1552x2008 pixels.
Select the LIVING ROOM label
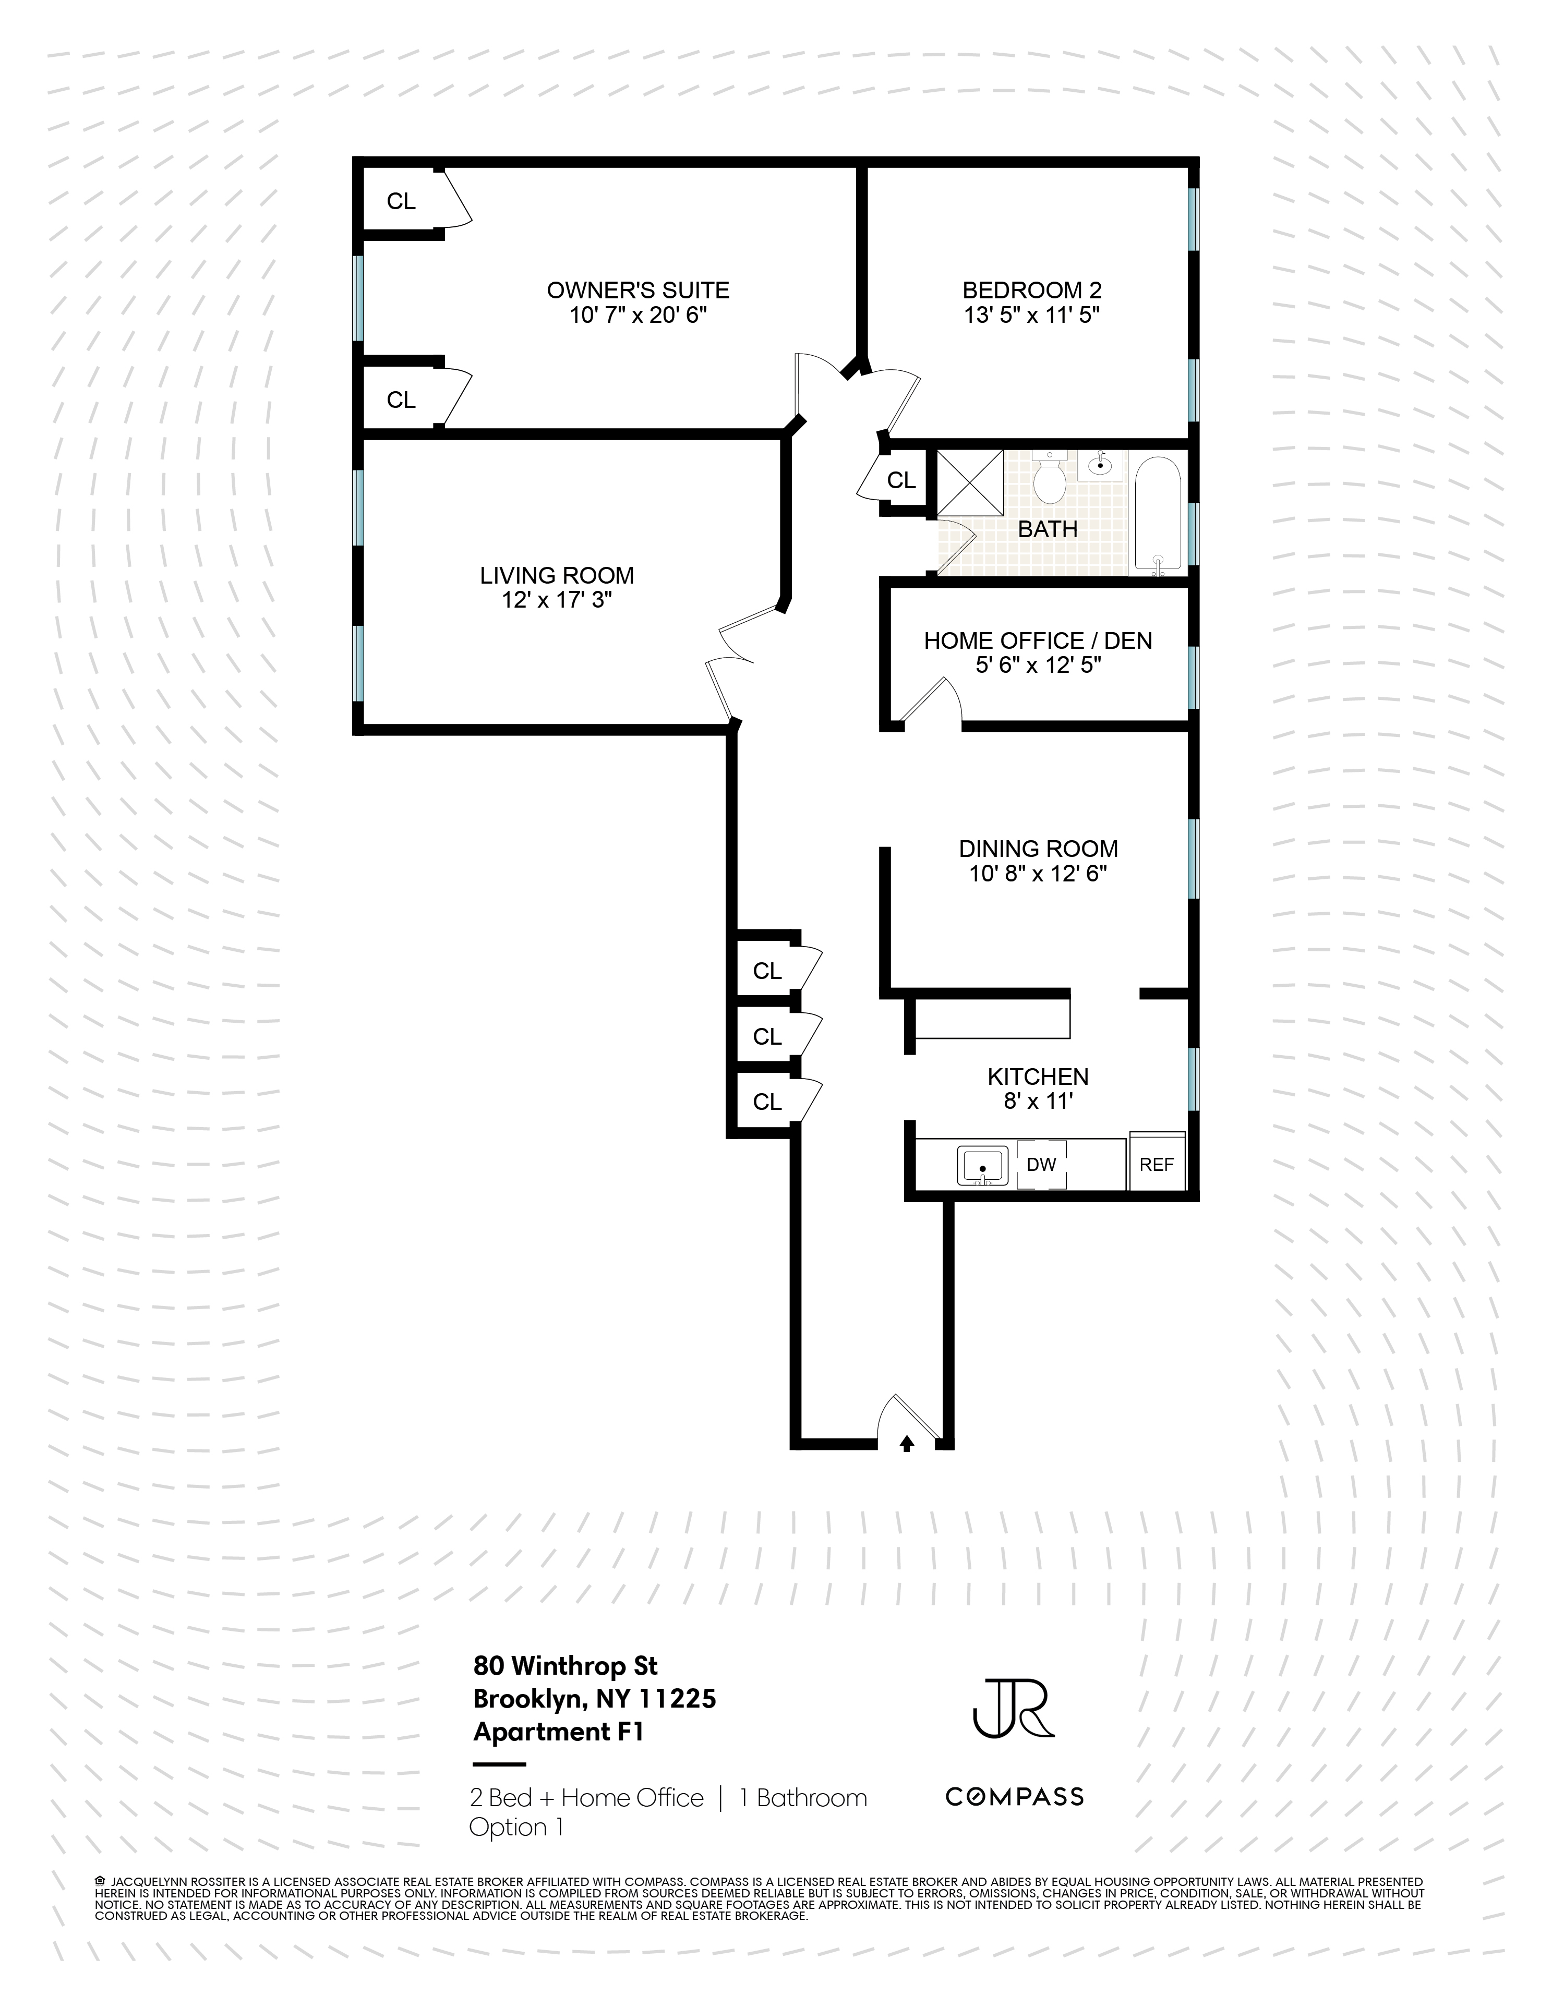pyautogui.click(x=556, y=576)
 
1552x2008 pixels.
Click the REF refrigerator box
pyautogui.click(x=1157, y=1164)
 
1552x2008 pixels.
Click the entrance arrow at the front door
pyautogui.click(x=907, y=1444)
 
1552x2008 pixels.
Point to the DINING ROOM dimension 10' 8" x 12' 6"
pyautogui.click(x=1038, y=874)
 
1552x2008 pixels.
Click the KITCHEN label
pyautogui.click(x=1038, y=1076)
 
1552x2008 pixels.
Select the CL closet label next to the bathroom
pyautogui.click(x=901, y=480)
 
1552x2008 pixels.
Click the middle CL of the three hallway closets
pyautogui.click(x=767, y=1036)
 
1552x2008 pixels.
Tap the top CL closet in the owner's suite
pyautogui.click(x=401, y=201)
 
